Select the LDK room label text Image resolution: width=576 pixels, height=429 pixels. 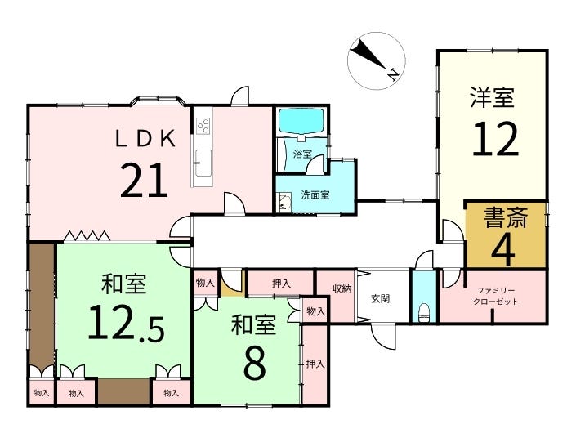[145, 139]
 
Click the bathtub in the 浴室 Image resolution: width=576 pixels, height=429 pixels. [301, 122]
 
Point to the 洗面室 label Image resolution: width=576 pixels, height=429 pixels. [315, 195]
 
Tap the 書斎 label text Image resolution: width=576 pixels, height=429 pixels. [506, 218]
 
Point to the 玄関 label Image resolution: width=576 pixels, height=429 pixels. [381, 298]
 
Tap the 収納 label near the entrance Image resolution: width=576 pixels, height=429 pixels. [342, 288]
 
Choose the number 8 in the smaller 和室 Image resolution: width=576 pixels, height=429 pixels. [254, 364]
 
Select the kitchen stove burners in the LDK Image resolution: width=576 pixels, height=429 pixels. [203, 127]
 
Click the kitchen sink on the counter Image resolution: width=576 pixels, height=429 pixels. [203, 159]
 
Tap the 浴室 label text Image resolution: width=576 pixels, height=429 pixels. [302, 154]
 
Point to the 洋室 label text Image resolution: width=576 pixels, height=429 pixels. [492, 98]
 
